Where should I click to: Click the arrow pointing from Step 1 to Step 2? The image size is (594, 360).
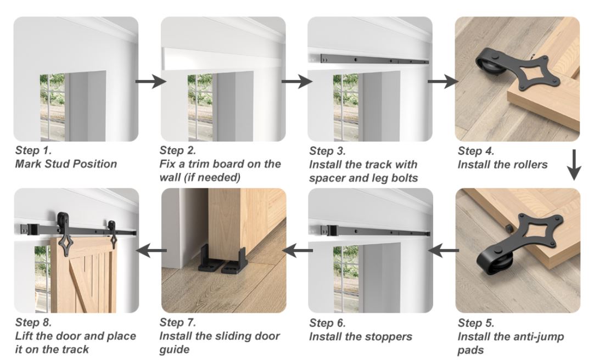[x=151, y=81]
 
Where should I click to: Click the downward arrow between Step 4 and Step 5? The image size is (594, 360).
[x=574, y=165]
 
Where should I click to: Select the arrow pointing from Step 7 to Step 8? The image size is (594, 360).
[x=151, y=250]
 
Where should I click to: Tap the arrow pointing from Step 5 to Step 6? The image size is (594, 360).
[x=444, y=250]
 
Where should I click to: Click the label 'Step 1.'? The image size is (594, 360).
[x=33, y=150]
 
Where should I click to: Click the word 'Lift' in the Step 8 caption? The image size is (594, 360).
[x=23, y=336]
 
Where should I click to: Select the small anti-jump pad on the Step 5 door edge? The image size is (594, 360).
[x=508, y=228]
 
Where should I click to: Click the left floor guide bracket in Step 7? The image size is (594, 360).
[x=209, y=260]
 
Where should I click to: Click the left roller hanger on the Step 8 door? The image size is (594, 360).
[x=61, y=233]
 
